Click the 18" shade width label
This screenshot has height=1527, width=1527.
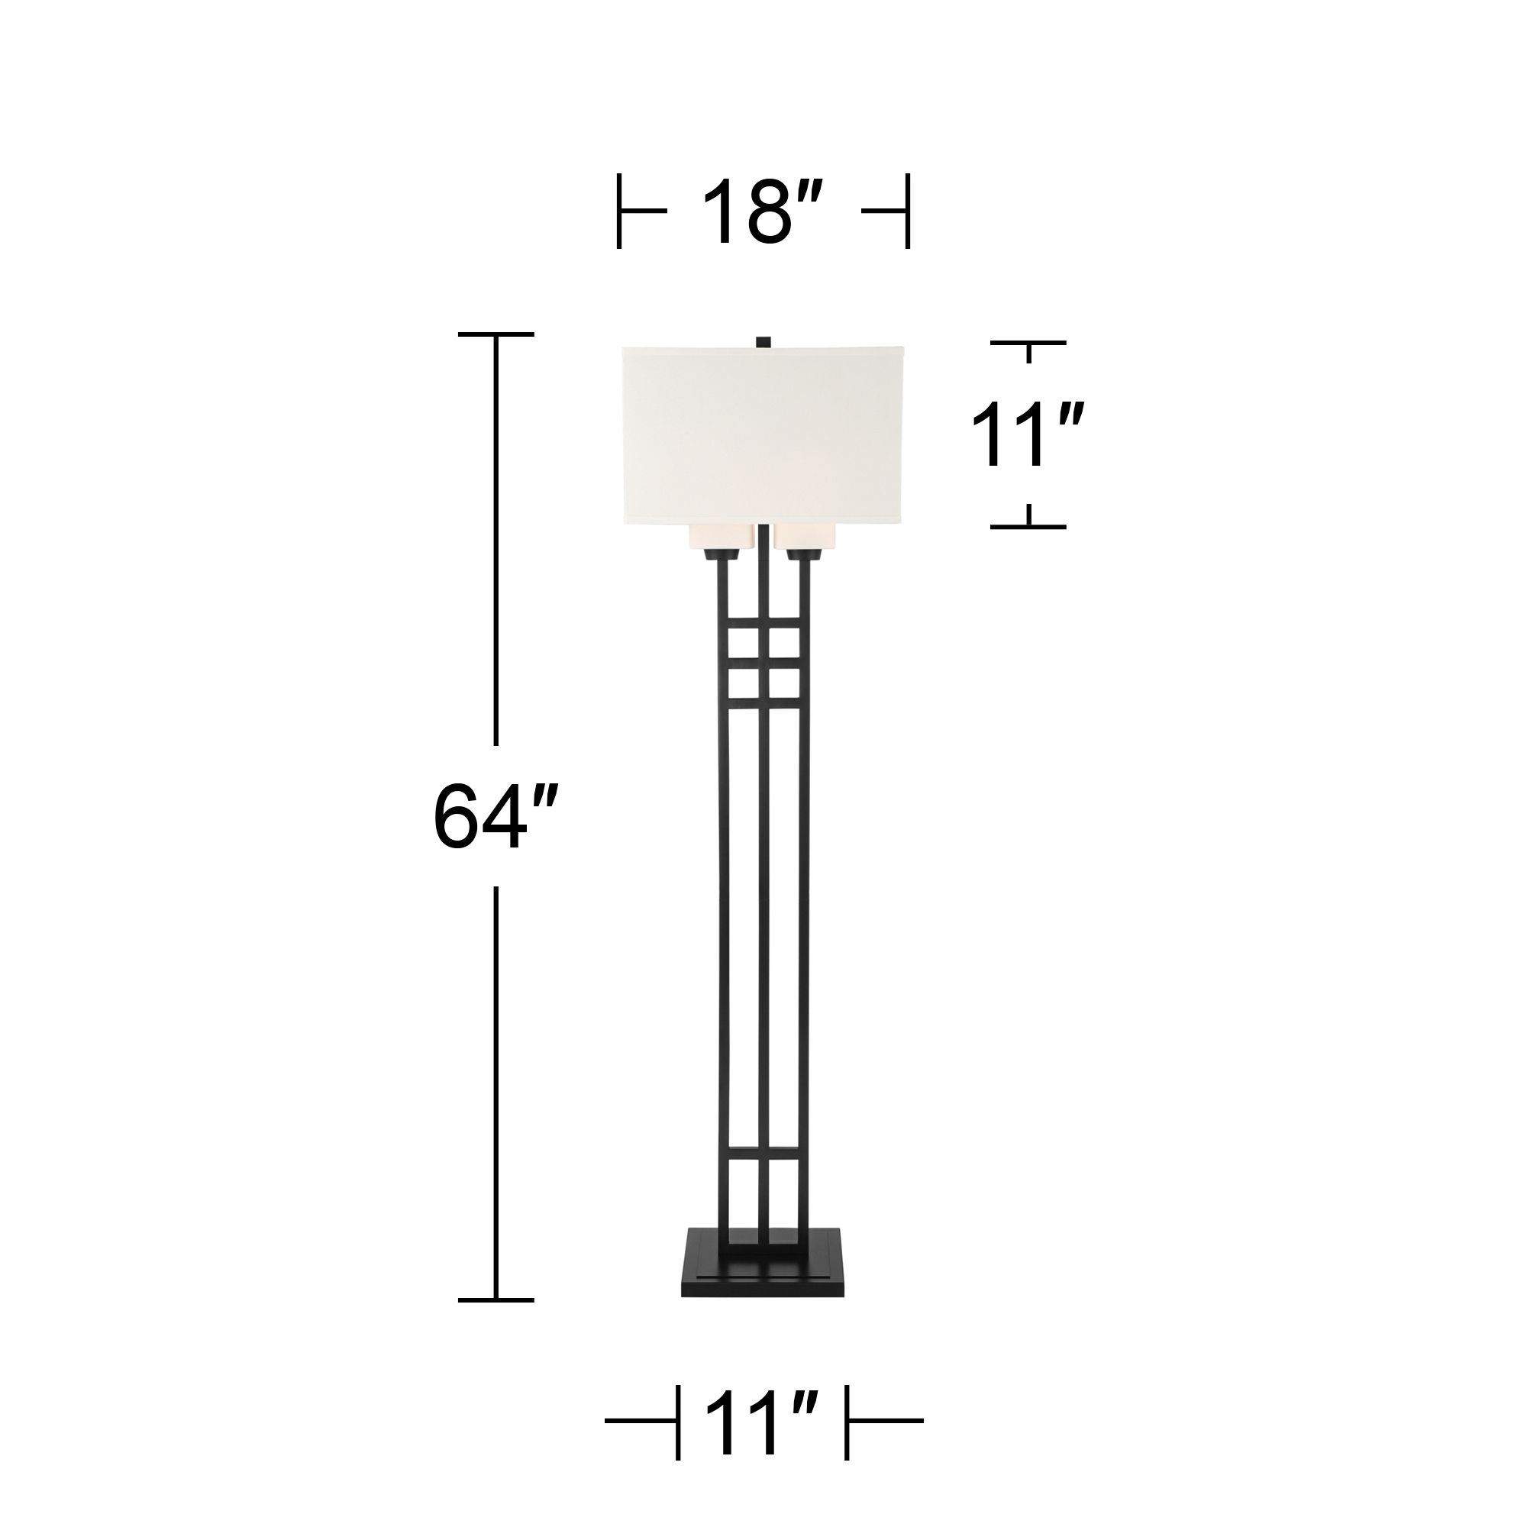762,211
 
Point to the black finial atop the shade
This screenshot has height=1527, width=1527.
763,341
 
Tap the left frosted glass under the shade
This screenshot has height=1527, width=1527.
718,538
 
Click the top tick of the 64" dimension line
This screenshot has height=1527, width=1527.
496,334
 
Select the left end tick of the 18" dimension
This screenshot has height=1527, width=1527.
619,211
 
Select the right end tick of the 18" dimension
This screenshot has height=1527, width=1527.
907,211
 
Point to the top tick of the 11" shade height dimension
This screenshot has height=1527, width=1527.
1028,343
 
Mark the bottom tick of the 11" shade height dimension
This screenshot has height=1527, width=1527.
1028,525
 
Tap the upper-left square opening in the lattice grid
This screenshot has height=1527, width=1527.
743,638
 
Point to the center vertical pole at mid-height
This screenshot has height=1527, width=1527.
763,909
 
